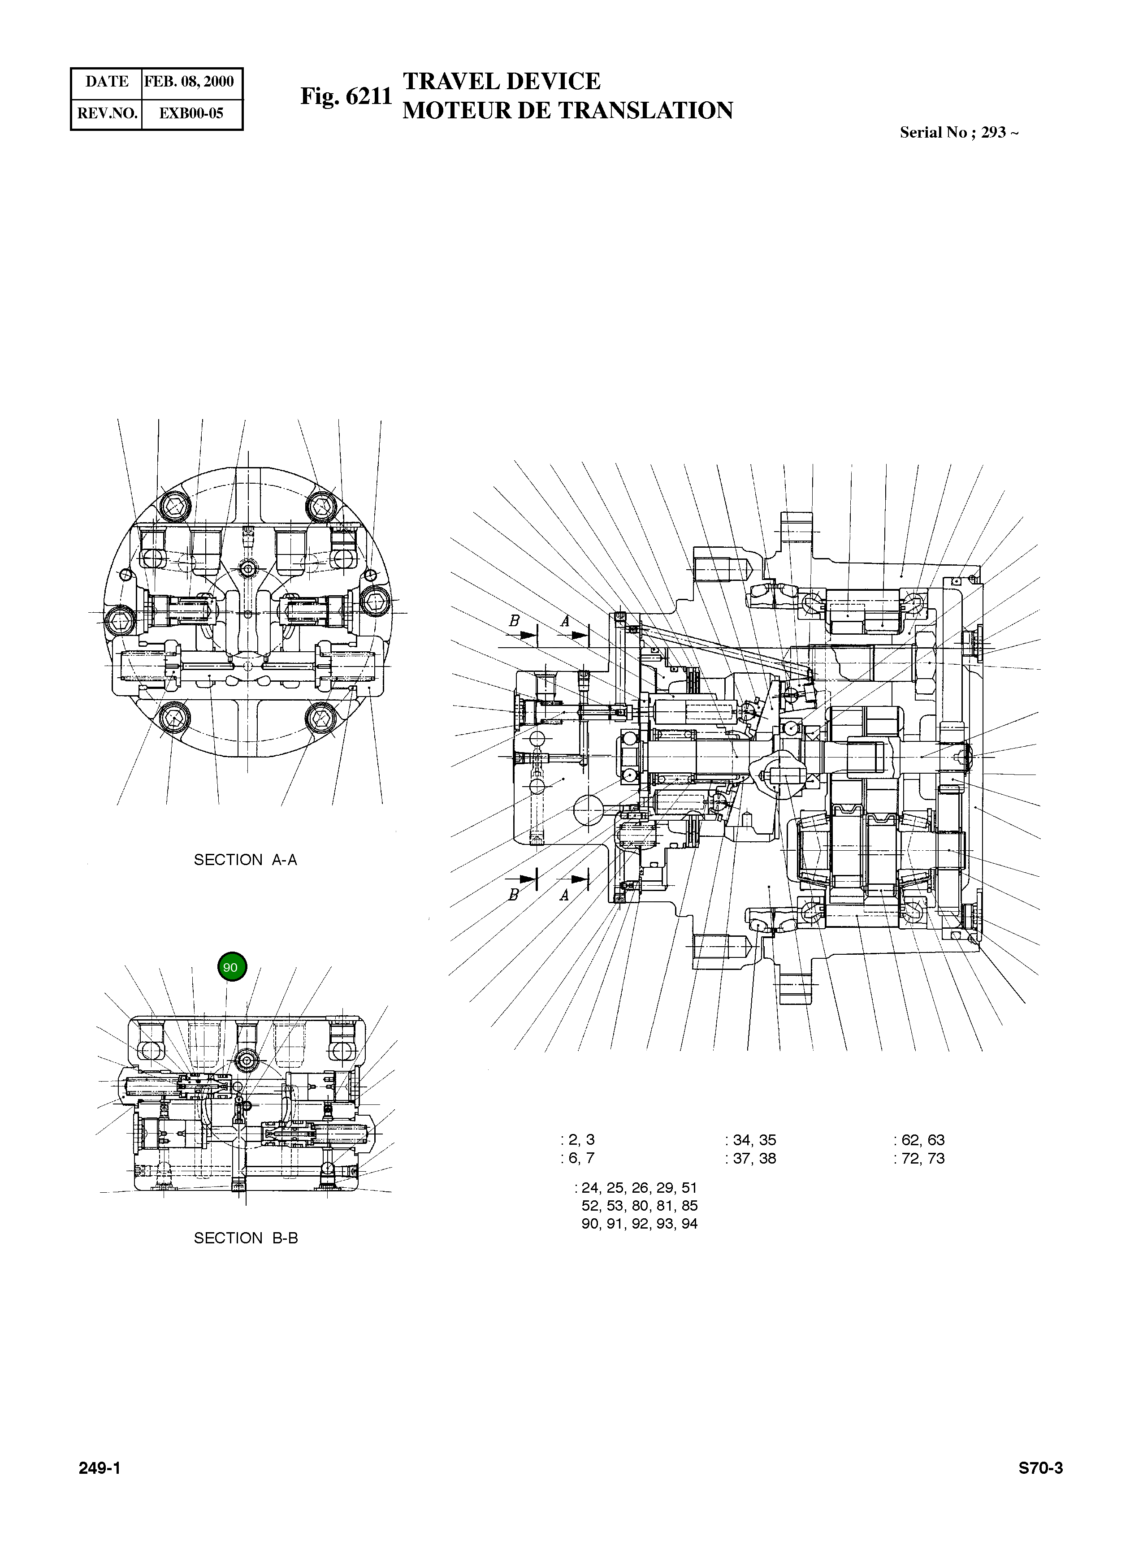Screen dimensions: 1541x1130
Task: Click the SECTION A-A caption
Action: click(x=246, y=860)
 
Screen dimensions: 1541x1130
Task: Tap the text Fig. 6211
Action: click(x=346, y=96)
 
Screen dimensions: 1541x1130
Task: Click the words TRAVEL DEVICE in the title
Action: click(x=502, y=82)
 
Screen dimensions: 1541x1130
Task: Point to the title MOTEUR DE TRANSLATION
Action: click(x=567, y=110)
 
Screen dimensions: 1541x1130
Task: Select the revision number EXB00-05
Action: click(x=191, y=113)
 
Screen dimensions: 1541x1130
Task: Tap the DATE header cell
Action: click(x=107, y=82)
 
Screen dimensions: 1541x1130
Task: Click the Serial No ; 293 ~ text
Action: click(x=959, y=133)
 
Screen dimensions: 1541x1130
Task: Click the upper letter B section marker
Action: click(x=515, y=621)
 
